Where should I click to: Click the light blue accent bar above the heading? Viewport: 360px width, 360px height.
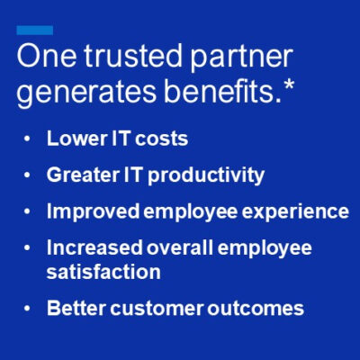[34, 31]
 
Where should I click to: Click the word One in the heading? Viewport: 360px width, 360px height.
[46, 58]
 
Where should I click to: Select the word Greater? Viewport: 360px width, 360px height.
[81, 175]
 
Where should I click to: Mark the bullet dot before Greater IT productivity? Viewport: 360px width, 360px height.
[29, 175]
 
